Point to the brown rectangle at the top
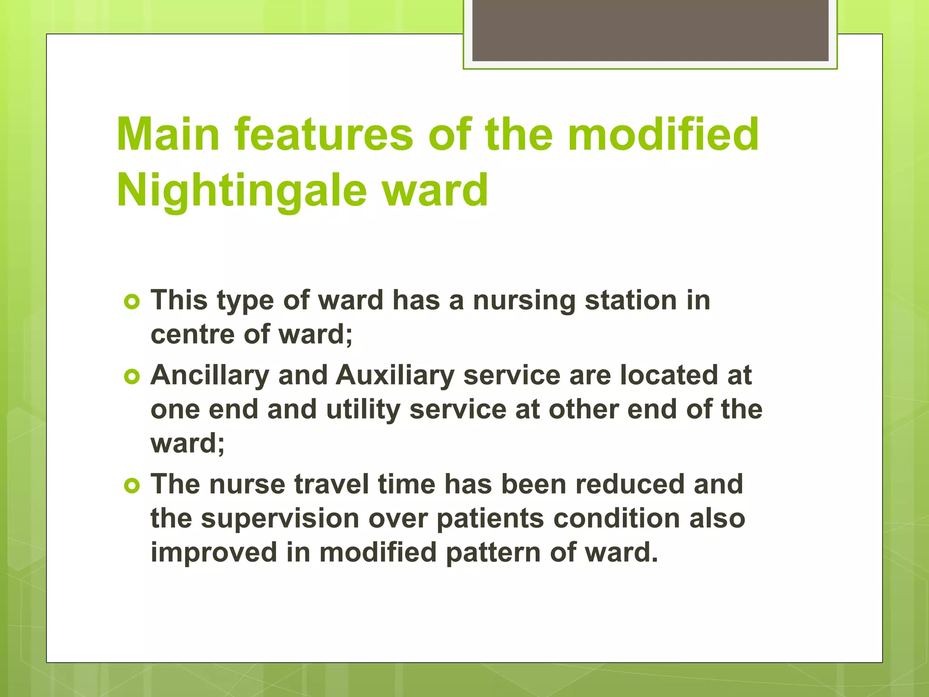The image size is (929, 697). coord(650,30)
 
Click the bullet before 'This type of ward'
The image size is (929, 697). coord(132,302)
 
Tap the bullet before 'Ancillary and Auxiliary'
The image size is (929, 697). coord(132,377)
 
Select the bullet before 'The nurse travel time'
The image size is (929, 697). coord(132,486)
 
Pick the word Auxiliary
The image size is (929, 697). coord(395,376)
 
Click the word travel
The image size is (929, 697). coord(332,484)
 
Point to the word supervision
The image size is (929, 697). coord(280,519)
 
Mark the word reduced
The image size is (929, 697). coord(630,484)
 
